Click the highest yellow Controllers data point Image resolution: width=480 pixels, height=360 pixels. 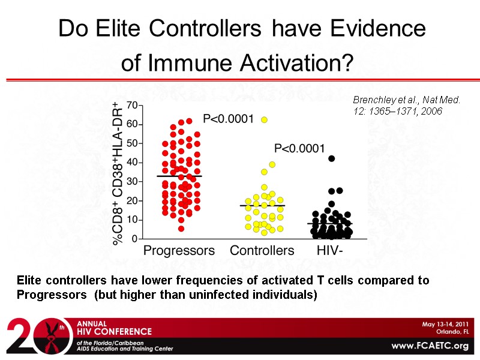point(264,120)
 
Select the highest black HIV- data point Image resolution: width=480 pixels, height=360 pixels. point(331,158)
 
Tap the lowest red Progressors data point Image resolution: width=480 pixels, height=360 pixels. point(181,228)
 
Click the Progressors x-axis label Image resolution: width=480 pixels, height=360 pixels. point(179,251)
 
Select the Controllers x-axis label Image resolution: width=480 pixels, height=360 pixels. point(262,251)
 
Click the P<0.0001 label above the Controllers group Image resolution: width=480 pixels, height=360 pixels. point(229,119)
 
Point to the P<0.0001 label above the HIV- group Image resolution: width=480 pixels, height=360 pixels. point(299,148)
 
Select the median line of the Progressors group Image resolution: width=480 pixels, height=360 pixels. point(179,176)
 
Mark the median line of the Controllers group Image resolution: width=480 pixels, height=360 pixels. point(262,206)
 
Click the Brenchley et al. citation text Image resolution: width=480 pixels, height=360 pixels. point(406,106)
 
